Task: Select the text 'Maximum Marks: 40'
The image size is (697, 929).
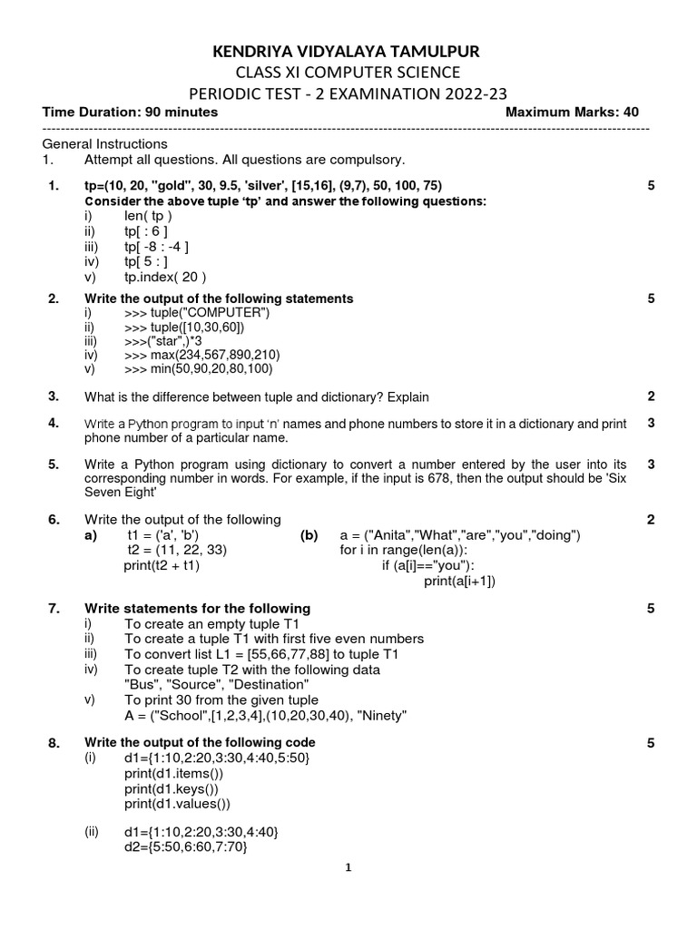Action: pos(572,112)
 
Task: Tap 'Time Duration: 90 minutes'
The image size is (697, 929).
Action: pos(130,112)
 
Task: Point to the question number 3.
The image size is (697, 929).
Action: pos(54,396)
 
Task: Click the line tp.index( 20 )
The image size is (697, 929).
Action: pos(165,278)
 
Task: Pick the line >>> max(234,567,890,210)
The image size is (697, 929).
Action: pos(202,355)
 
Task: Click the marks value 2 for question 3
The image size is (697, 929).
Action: pos(651,396)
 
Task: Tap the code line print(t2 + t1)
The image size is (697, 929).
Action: pos(162,565)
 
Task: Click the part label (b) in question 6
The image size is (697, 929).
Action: pos(309,534)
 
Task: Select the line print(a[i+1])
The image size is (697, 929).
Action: pos(460,581)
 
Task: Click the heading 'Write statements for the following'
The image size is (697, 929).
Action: pos(197,608)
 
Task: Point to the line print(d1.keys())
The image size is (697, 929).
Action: pos(172,788)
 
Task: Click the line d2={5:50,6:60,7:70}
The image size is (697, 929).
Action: pos(185,846)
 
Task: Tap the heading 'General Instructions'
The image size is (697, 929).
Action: pos(104,144)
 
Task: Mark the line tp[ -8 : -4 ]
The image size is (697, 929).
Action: pos(156,247)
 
